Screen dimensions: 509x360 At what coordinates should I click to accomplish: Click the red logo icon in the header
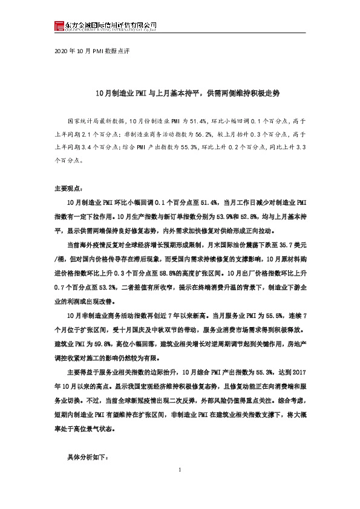click(59, 25)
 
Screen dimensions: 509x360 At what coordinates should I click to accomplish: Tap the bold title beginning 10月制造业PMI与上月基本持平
click(180, 95)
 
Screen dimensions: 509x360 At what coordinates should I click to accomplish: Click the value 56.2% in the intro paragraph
click(219, 135)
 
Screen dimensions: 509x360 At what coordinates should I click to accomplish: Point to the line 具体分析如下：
click(87, 458)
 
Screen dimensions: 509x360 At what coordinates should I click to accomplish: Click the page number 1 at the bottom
click(180, 487)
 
